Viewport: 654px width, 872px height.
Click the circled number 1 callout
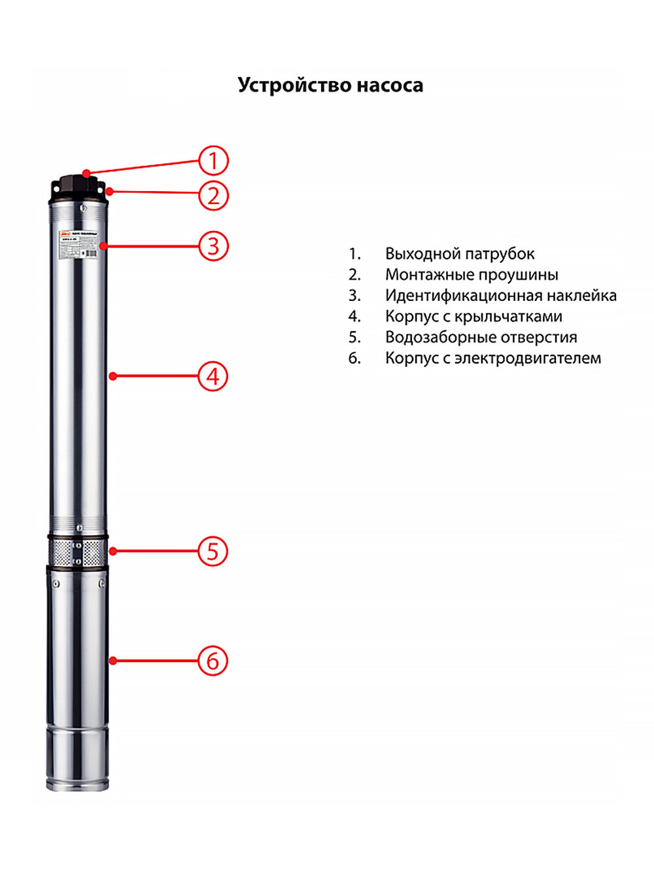point(213,161)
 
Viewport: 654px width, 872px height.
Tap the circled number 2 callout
point(213,196)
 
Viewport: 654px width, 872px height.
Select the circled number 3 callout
point(213,247)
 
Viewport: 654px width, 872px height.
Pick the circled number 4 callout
point(213,377)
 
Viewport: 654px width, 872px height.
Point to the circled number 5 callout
point(213,551)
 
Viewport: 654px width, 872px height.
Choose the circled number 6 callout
point(213,661)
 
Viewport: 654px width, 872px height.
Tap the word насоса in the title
point(390,86)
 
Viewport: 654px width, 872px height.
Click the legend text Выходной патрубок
point(459,254)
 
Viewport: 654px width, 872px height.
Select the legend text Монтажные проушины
point(471,275)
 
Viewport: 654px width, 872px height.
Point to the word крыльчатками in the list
point(508,317)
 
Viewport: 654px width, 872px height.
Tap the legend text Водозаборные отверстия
point(481,338)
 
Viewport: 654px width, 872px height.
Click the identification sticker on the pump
point(78,244)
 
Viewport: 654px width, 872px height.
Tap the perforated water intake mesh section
point(77,553)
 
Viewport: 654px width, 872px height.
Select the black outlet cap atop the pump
point(78,186)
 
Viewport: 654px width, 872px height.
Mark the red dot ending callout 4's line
point(112,376)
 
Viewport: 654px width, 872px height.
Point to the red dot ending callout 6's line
point(112,661)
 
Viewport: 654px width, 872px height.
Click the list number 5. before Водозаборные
point(354,338)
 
